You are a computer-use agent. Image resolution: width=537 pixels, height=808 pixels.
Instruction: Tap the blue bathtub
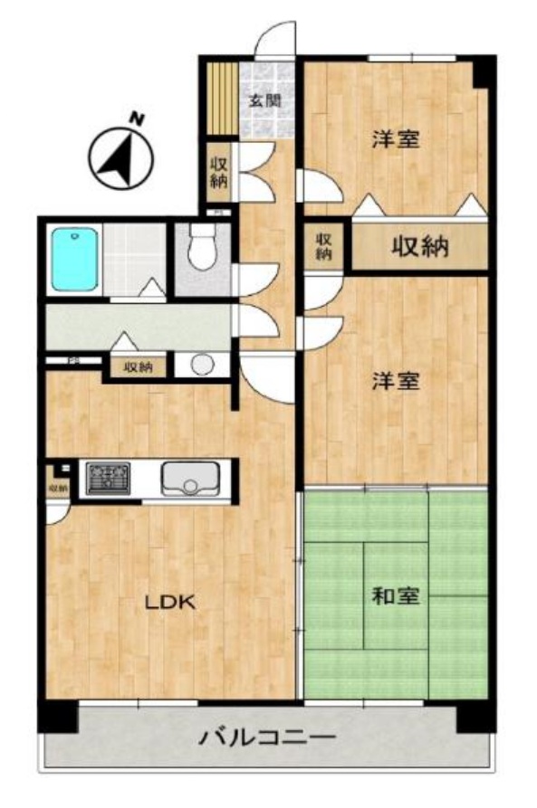click(74, 260)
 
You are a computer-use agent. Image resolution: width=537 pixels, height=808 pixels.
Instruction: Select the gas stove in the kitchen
click(108, 478)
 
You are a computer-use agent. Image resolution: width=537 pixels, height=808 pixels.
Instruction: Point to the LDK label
click(171, 603)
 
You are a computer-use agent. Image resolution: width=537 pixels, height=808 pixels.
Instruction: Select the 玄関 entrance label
click(264, 100)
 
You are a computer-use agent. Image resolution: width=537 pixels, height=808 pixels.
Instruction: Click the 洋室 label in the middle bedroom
click(396, 381)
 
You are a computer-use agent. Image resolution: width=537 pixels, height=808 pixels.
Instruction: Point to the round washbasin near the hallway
click(202, 365)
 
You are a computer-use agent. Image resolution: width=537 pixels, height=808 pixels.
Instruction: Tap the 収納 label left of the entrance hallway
click(219, 171)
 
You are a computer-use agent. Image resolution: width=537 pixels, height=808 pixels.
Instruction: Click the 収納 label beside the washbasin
click(138, 367)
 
